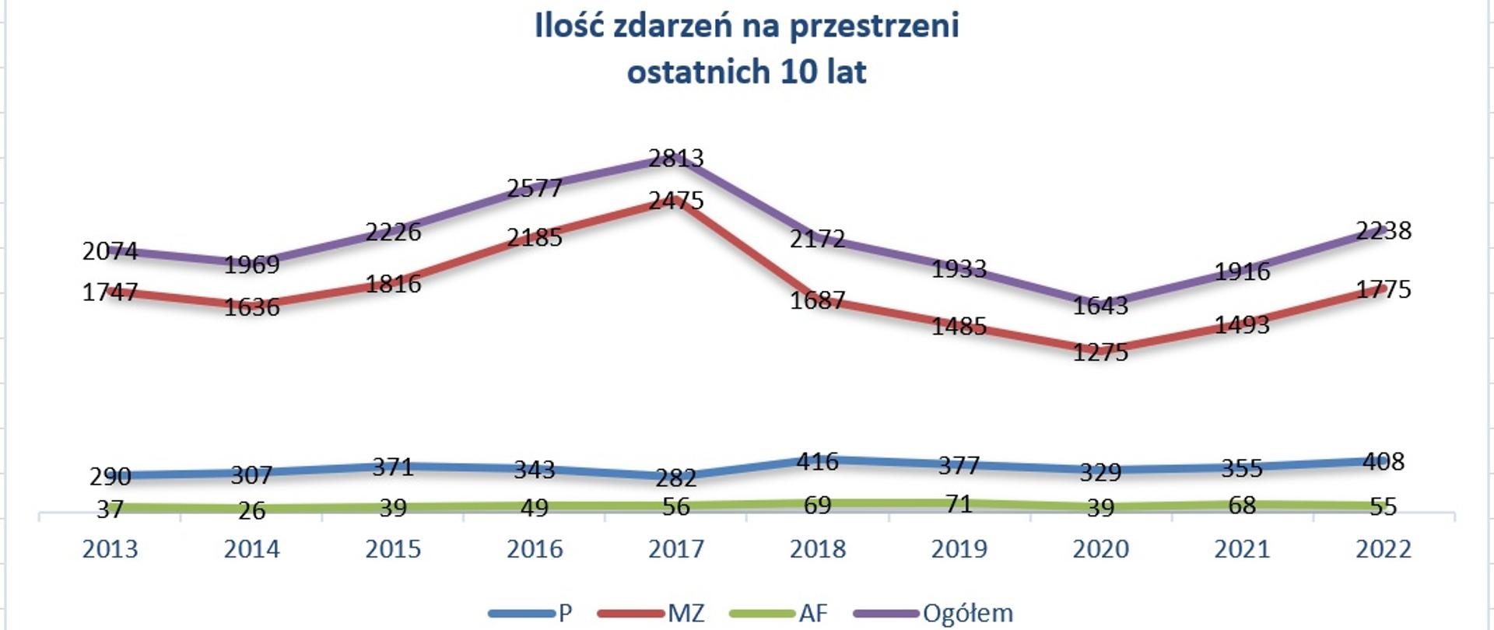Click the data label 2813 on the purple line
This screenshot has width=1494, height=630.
(675, 159)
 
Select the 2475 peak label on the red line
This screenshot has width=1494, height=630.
(675, 201)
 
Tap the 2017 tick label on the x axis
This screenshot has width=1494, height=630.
(675, 550)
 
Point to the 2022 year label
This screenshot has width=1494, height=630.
(1383, 550)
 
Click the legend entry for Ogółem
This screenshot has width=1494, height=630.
(967, 614)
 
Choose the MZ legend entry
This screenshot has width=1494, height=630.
(686, 614)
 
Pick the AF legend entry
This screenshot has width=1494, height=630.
(812, 614)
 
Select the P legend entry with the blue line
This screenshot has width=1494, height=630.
(565, 614)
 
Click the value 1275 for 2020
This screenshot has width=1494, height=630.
(1099, 353)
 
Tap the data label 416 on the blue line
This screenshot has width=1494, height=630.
(817, 462)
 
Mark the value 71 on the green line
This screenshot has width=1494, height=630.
(959, 505)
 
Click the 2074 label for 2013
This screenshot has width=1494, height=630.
(110, 251)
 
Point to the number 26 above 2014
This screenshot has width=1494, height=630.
(251, 511)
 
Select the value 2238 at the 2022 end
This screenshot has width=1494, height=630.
(1383, 231)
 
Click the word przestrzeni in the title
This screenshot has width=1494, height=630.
(874, 26)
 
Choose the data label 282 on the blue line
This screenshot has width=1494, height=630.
(675, 478)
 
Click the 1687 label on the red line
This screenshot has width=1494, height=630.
(817, 301)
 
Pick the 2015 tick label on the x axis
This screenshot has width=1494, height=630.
(393, 550)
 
